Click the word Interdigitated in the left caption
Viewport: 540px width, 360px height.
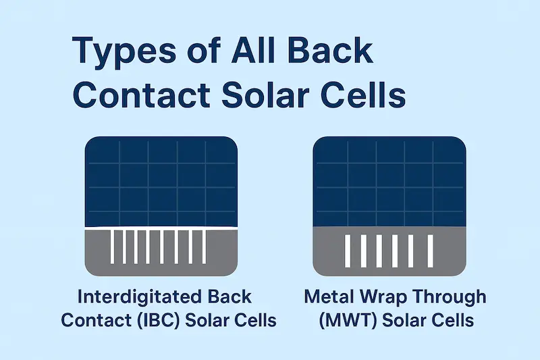click(x=135, y=298)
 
